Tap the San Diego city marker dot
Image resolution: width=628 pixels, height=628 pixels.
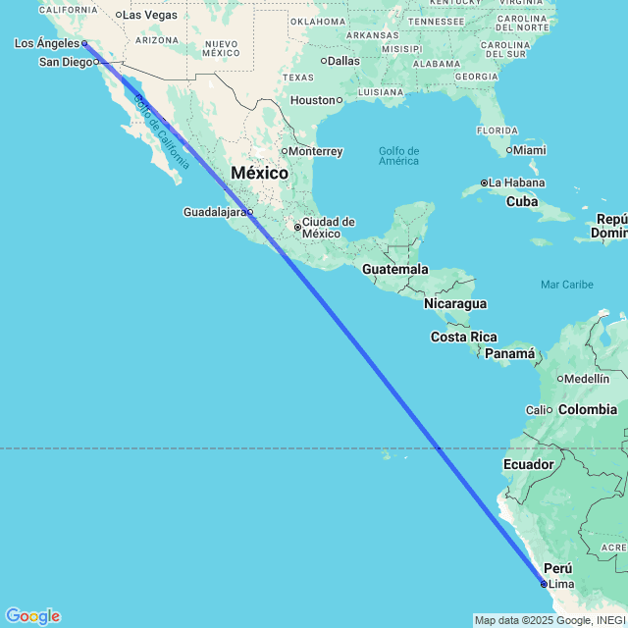pos(96,62)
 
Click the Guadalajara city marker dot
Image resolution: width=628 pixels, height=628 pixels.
pos(249,212)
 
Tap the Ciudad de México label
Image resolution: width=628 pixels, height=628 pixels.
pos(328,228)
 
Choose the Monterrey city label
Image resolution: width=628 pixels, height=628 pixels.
pos(315,151)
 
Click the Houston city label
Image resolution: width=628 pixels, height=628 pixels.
pos(313,100)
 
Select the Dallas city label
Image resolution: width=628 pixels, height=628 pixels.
pos(343,61)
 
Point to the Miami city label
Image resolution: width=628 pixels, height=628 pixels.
pos(530,150)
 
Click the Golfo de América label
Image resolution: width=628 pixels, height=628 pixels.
pos(398,155)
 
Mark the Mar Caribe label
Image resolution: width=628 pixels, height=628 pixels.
pos(567,285)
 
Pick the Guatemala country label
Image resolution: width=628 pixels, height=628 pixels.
pos(394,269)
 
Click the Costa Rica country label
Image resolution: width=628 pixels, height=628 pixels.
pos(464,337)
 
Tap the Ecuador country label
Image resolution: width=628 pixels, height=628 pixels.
pos(529,464)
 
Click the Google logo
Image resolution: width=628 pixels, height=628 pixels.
pos(32,616)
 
